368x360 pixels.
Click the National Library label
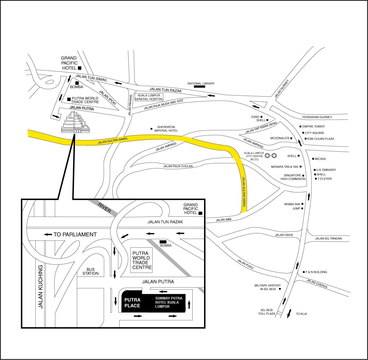tap(201, 83)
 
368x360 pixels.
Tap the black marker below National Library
tap(199, 87)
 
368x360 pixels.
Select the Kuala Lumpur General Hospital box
tap(149, 97)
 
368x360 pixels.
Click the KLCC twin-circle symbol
tap(271, 155)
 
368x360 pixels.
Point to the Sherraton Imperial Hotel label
tap(166, 129)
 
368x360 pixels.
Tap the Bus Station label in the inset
tap(91, 271)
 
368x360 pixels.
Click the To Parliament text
tap(75, 234)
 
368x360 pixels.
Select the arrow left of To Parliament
tap(48, 234)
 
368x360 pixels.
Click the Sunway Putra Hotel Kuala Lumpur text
tap(168, 302)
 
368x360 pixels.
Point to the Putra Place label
tap(132, 303)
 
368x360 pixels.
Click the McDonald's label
tap(280, 138)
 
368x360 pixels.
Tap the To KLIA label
tap(301, 314)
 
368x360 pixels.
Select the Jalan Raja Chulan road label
tap(178, 166)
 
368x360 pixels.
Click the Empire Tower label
tap(313, 126)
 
